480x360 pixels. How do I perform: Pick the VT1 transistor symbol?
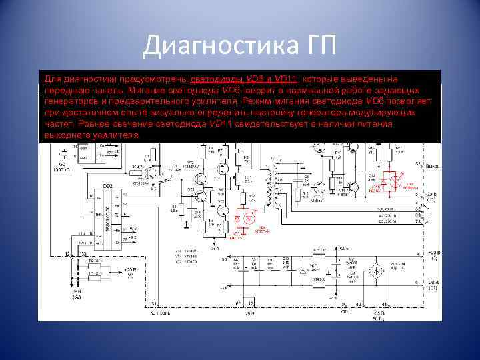(x=156, y=176)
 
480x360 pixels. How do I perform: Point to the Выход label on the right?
(x=432, y=165)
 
